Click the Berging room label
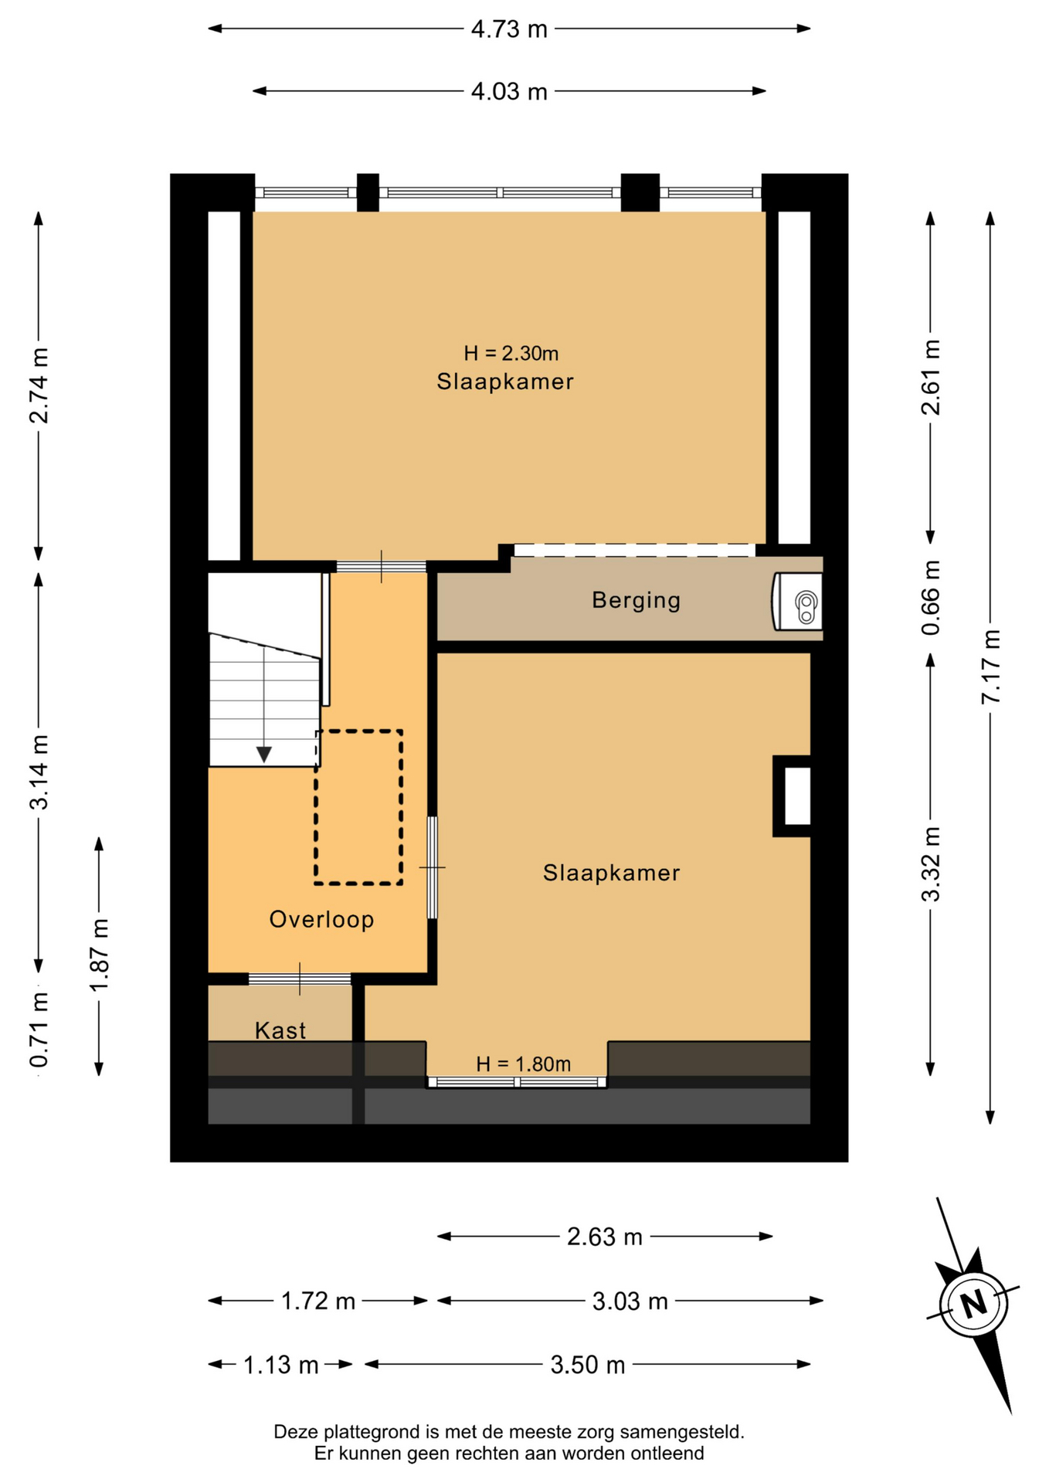click(x=636, y=600)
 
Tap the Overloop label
click(x=321, y=919)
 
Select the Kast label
click(x=280, y=1030)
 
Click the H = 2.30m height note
click(x=511, y=354)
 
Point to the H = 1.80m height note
click(x=523, y=1064)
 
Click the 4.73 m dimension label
click(x=509, y=29)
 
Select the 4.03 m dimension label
click(x=509, y=92)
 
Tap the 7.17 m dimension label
click(x=991, y=667)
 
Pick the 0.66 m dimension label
click(x=932, y=597)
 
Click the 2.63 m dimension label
click(x=605, y=1237)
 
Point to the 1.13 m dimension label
click(x=281, y=1366)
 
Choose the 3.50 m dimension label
click(x=587, y=1366)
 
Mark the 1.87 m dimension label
click(x=100, y=956)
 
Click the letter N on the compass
click(x=974, y=1304)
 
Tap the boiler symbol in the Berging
click(x=798, y=602)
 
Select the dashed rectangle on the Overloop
click(x=358, y=807)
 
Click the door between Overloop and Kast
click(x=300, y=979)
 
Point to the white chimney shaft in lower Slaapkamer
click(x=797, y=796)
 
